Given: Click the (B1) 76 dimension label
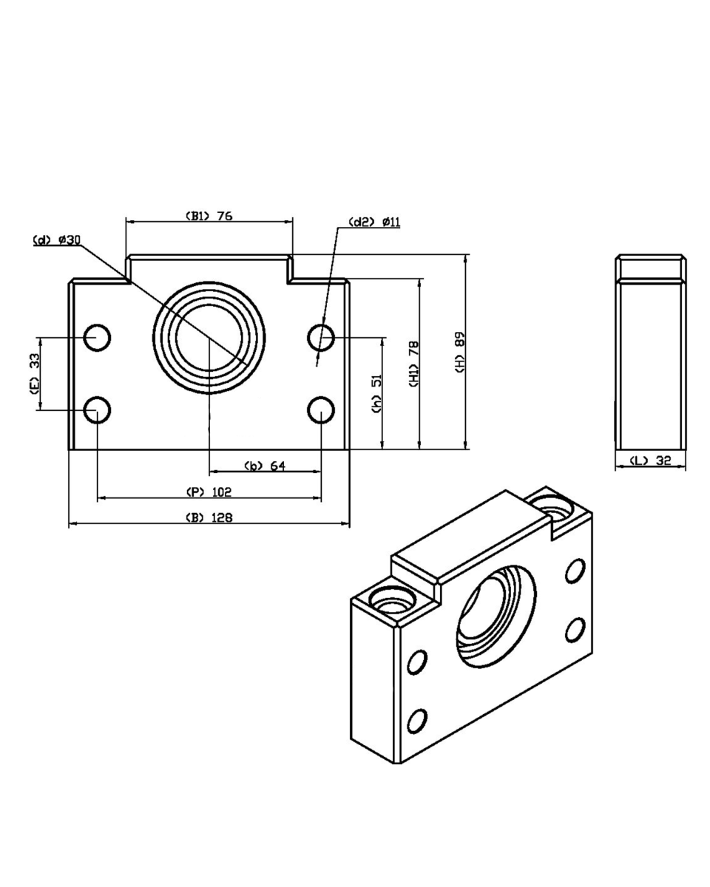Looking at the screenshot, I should (x=209, y=216).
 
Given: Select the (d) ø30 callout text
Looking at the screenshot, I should (x=57, y=240).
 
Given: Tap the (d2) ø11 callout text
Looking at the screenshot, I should (x=374, y=222).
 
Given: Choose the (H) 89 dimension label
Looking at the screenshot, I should (x=460, y=351).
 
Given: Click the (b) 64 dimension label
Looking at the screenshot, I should (x=265, y=466).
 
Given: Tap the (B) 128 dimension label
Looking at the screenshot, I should (x=209, y=517).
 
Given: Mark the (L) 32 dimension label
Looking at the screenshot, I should (x=650, y=461).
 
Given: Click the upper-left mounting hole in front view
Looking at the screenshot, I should (x=97, y=337).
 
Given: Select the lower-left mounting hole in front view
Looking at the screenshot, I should (x=97, y=409).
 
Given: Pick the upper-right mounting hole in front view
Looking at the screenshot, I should (x=321, y=337).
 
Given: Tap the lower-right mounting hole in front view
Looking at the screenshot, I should (x=321, y=409).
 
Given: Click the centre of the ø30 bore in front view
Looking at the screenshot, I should (x=209, y=337).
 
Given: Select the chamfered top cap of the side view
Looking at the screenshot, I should (x=652, y=267).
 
